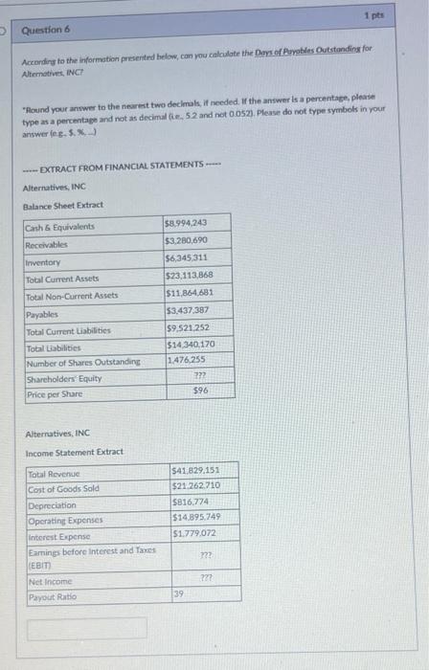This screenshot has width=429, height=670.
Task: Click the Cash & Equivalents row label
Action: (x=60, y=227)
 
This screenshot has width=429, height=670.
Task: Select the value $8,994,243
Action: (x=187, y=222)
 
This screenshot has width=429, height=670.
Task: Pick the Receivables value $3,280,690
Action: (x=186, y=239)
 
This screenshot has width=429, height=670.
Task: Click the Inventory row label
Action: (x=43, y=261)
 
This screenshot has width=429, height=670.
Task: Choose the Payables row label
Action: (x=42, y=313)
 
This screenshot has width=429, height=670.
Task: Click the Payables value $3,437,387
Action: (x=187, y=310)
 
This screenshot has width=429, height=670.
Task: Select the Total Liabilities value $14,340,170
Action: (x=191, y=344)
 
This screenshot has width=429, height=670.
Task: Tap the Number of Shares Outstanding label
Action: (x=83, y=362)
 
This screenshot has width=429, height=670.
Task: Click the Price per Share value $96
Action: (x=200, y=391)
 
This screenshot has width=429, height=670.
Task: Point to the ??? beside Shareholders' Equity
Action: (x=200, y=376)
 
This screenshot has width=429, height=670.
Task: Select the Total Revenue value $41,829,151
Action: (x=195, y=470)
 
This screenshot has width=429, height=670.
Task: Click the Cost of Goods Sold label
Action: (x=64, y=488)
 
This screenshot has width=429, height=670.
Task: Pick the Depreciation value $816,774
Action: (x=189, y=502)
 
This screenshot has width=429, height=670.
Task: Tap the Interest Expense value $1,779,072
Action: (x=193, y=532)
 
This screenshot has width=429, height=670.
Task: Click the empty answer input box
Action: (x=87, y=628)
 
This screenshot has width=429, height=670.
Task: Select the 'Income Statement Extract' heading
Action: (x=74, y=452)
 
